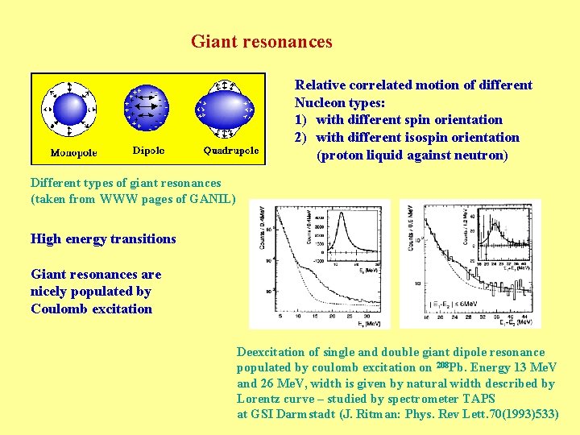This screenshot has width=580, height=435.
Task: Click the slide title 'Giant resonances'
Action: pyautogui.click(x=261, y=41)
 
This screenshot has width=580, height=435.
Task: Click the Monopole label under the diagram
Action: pyautogui.click(x=73, y=152)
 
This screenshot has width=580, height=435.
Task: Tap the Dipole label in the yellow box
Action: pyautogui.click(x=149, y=150)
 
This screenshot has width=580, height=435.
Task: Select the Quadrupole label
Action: pyautogui.click(x=231, y=151)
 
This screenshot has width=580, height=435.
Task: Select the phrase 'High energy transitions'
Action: pyautogui.click(x=103, y=238)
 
